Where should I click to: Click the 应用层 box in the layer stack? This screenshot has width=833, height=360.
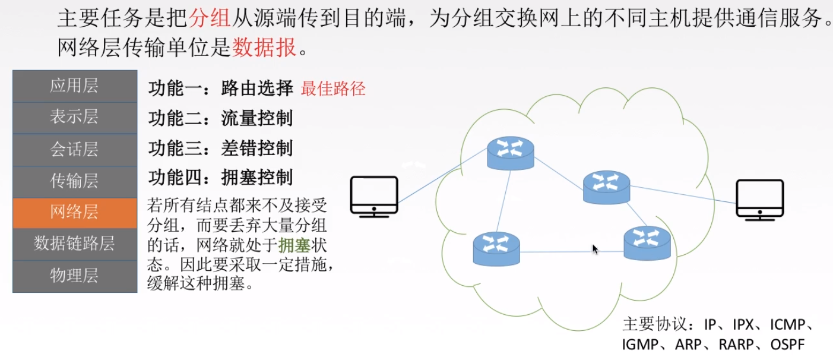point(74,86)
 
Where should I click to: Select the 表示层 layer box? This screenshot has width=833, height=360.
point(74,117)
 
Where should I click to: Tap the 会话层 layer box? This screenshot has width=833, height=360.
point(74,149)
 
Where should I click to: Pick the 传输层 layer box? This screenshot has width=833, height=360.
point(74,181)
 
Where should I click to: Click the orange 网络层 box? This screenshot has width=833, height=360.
point(74,212)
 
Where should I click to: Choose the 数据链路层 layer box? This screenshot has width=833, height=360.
point(74,244)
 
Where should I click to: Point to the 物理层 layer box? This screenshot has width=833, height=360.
point(74,276)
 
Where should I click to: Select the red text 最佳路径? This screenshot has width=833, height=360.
point(333,89)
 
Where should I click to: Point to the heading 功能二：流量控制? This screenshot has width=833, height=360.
point(220,118)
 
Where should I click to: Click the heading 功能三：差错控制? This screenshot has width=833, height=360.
point(220,148)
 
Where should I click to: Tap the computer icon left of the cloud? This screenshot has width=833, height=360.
point(373,196)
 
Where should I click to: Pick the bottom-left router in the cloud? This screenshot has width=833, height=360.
point(496,248)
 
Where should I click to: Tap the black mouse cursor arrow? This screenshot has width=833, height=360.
point(595,249)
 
